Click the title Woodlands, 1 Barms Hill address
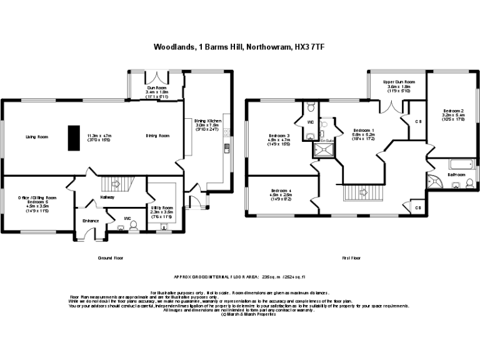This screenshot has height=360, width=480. click(240, 46)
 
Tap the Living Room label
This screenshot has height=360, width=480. click(37, 136)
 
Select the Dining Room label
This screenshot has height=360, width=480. click(157, 136)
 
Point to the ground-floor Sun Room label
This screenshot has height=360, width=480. click(153, 88)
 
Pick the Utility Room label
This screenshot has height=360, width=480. click(161, 206)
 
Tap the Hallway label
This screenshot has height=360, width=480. click(107, 197)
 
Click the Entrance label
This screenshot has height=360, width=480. click(91, 221)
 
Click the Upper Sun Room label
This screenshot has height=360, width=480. click(400, 82)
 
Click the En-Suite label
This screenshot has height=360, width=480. click(326, 141)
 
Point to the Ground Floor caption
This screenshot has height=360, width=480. click(111, 257)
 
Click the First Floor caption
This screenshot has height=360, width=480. click(352, 257)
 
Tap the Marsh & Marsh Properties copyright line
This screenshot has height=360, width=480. click(240, 314)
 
